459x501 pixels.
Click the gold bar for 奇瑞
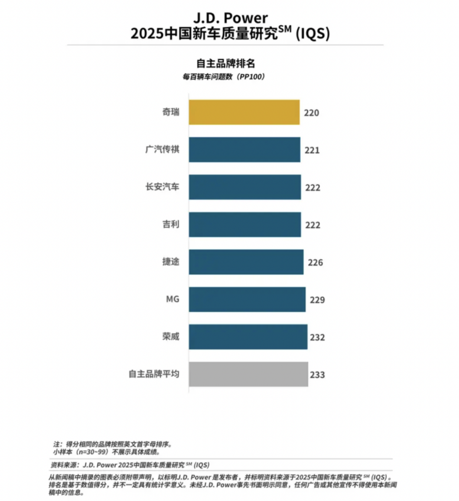[x=244, y=112]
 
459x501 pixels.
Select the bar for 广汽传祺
[x=245, y=149]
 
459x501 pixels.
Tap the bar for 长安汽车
[x=245, y=187]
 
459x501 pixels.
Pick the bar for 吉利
[x=245, y=224]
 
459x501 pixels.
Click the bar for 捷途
[x=246, y=262]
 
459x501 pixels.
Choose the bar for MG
[x=247, y=299]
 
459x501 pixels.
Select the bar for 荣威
[x=248, y=337]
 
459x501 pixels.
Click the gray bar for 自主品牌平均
[x=248, y=374]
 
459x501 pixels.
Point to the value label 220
[x=311, y=113]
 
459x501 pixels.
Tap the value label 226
[x=316, y=263]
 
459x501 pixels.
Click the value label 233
[x=317, y=375]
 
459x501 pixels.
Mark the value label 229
[x=317, y=300]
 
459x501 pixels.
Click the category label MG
[x=172, y=299]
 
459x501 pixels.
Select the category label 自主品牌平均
[x=153, y=374]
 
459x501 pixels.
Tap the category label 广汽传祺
[x=162, y=149]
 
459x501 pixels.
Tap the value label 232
[x=317, y=338]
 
